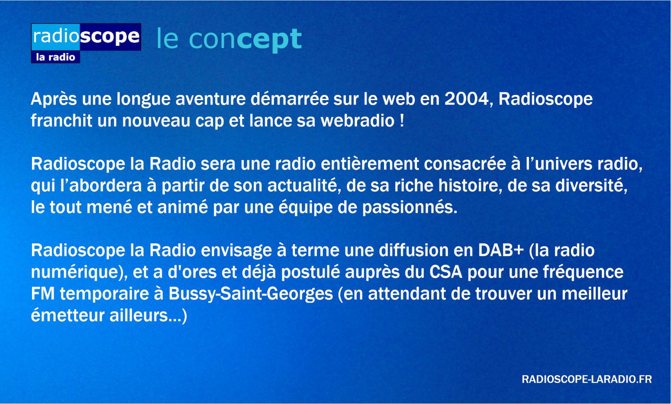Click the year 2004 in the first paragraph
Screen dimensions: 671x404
[x=466, y=99]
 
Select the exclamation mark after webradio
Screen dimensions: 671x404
[x=402, y=121]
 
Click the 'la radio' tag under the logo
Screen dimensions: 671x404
[x=55, y=57]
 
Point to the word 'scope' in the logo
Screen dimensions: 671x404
[x=110, y=36]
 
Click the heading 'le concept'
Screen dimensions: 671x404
[x=229, y=39]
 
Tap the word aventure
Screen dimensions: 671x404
[x=210, y=99]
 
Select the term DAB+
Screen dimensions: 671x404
[x=501, y=250]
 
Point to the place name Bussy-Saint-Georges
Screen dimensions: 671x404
[x=251, y=294]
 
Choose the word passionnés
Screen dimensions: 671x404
[x=410, y=208]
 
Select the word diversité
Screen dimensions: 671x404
[x=591, y=186]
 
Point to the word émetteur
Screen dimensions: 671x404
[x=68, y=316]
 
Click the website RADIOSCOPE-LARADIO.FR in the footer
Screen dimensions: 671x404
[x=587, y=379]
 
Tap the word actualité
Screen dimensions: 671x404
[x=304, y=186]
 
